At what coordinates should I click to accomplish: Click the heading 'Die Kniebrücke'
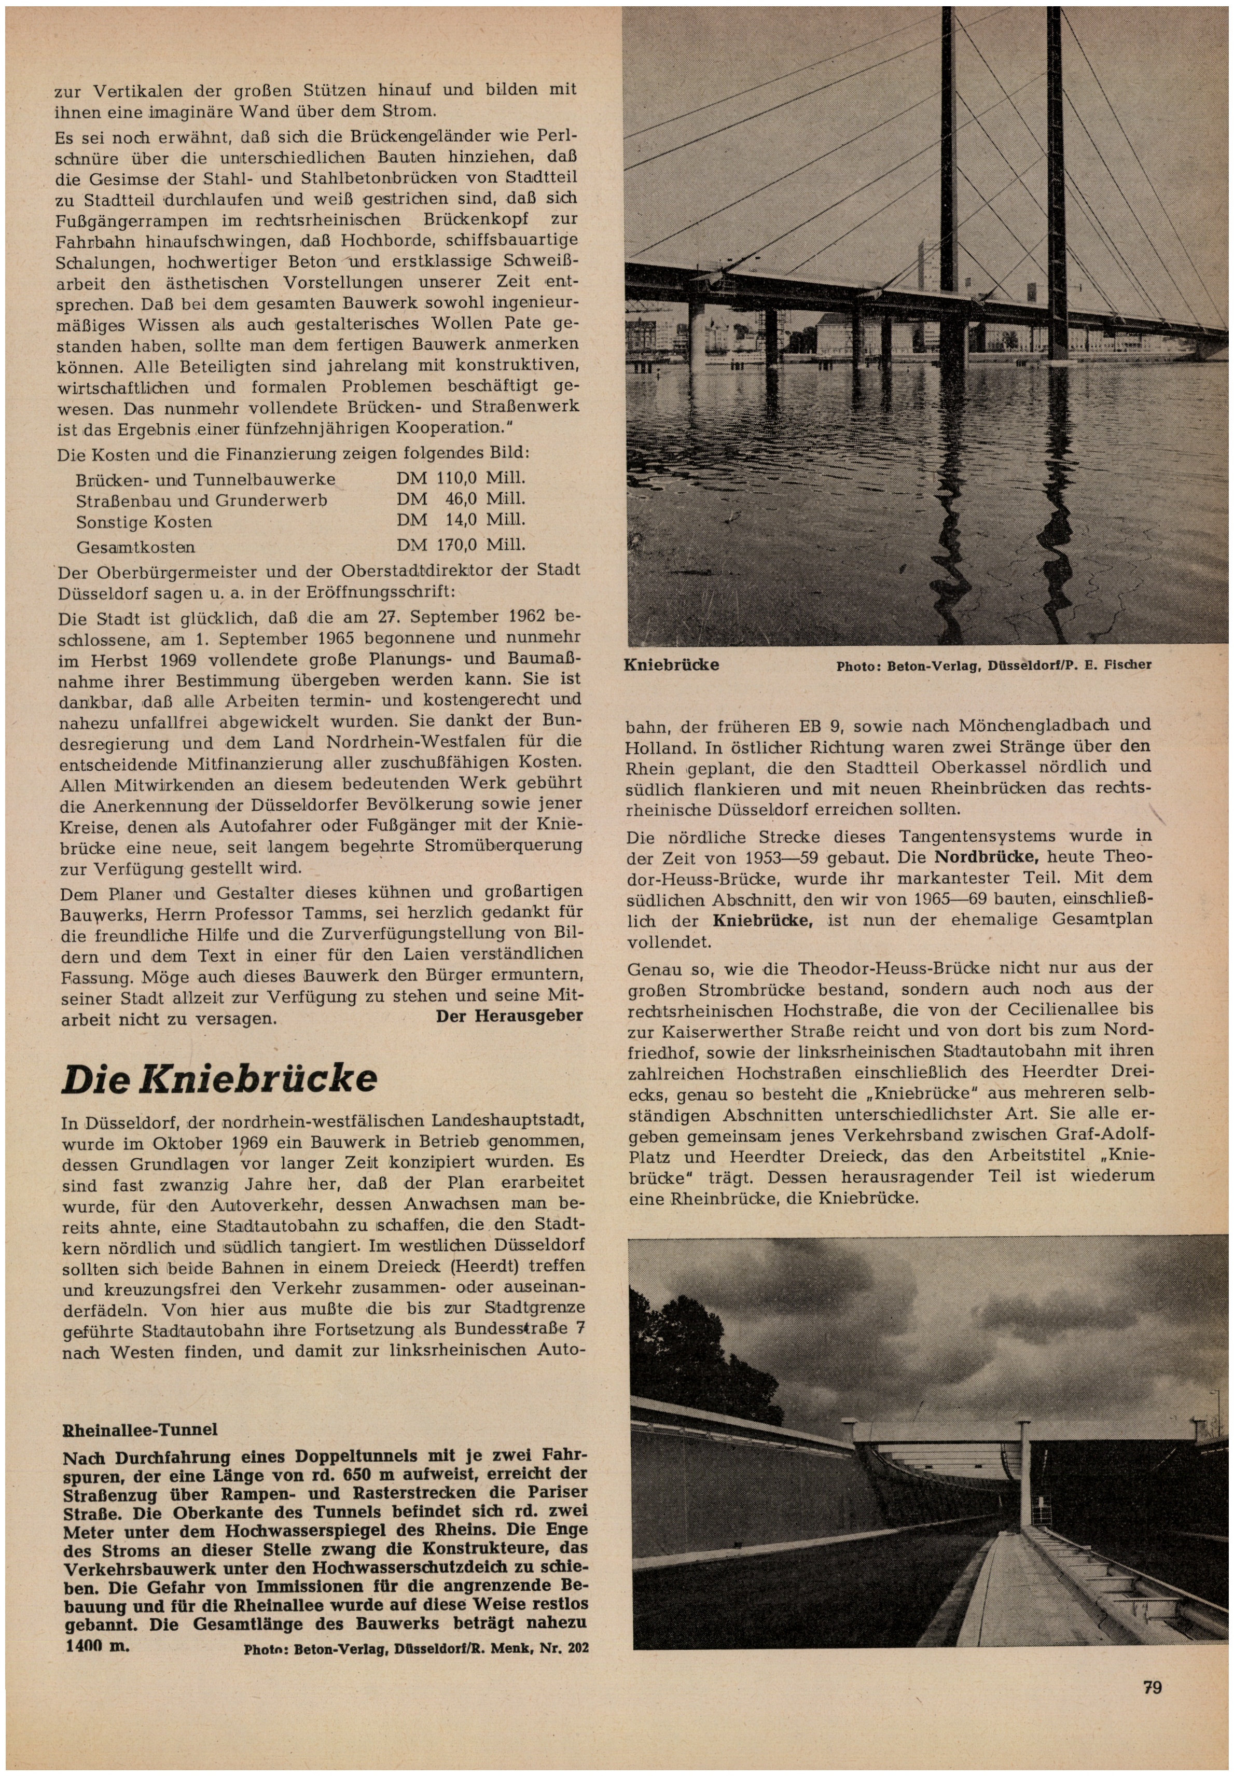tap(219, 1078)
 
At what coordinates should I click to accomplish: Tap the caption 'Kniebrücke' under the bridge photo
tap(671, 665)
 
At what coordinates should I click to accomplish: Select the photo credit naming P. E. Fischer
tap(993, 665)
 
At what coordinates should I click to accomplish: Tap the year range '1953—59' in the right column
tap(782, 858)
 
